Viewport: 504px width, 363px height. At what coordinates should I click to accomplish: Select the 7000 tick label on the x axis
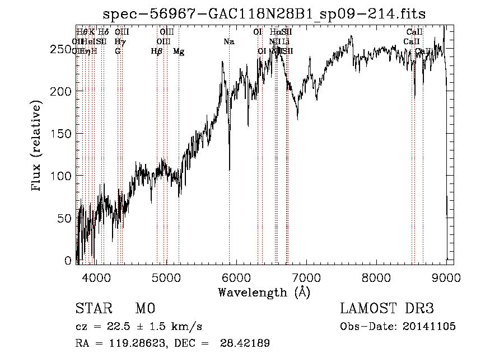[x=306, y=276]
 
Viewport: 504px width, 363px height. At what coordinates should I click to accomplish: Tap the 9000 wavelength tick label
[x=446, y=276]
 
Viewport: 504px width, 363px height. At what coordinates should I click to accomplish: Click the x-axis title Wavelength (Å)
[x=264, y=292]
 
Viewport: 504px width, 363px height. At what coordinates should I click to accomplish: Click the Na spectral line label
[x=228, y=41]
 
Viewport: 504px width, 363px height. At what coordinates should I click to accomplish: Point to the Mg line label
[x=178, y=51]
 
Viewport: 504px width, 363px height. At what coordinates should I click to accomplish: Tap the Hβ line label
[x=157, y=51]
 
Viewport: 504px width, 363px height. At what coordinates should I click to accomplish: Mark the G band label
[x=118, y=51]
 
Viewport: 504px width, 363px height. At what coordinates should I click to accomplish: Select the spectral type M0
[x=144, y=309]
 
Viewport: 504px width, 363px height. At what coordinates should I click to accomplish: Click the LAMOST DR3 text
[x=387, y=309]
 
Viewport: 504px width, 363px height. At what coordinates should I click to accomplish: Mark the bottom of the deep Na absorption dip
[x=229, y=169]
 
